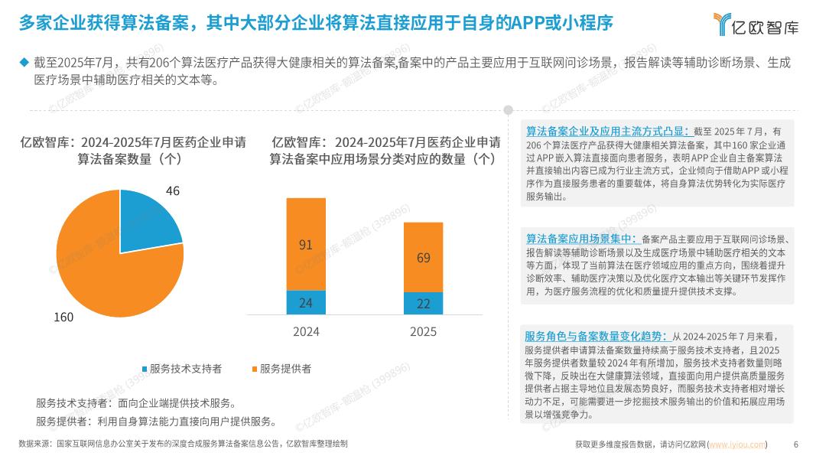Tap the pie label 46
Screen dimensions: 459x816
tap(173, 191)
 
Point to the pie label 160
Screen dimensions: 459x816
tap(63, 317)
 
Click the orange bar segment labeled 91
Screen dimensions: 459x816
tap(305, 245)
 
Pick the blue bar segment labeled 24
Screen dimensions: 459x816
tap(305, 303)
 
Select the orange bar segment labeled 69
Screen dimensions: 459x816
tap(423, 258)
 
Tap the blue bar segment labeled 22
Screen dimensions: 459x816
tap(423, 304)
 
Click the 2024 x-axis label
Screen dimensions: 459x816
tap(306, 332)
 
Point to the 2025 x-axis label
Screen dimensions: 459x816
tap(423, 332)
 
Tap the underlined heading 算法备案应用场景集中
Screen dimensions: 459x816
tap(580, 239)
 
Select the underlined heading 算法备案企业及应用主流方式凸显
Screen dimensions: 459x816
tap(607, 132)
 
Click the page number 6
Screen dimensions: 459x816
tap(796, 444)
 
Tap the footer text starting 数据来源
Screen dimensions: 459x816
tap(183, 444)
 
